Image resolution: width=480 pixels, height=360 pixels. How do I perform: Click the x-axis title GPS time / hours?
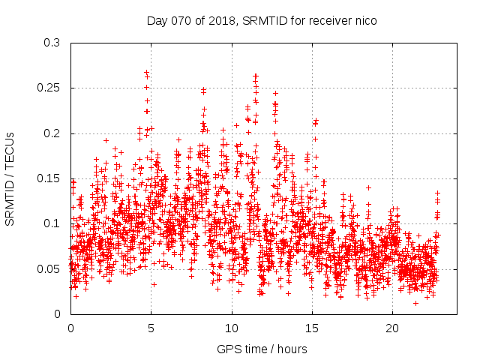point(262,349)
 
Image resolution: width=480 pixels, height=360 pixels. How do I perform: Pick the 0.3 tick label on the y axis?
point(52,43)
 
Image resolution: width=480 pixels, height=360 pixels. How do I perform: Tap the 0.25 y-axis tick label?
point(49,88)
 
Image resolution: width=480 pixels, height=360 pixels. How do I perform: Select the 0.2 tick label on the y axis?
point(52,133)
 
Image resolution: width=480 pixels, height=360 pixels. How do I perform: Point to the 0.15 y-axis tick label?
point(49,178)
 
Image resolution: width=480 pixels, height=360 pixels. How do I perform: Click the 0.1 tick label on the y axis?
point(52,223)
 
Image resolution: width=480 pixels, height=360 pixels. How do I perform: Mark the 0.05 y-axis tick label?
point(49,268)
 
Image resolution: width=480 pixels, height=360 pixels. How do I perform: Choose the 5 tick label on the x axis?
point(151,328)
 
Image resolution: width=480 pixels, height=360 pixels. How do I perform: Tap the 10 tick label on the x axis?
point(232,328)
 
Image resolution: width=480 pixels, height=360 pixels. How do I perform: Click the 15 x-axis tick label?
point(312,328)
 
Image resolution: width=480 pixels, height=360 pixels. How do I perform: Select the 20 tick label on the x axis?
point(392,328)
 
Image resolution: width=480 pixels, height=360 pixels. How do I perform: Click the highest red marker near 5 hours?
point(146,73)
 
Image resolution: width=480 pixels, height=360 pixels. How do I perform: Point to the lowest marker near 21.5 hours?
point(415,303)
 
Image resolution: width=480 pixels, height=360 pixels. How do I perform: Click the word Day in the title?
point(157,20)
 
